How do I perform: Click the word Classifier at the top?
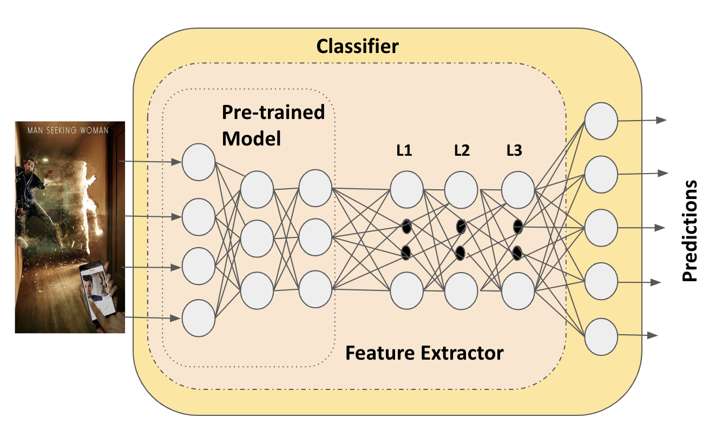click(x=357, y=47)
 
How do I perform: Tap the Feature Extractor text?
click(x=424, y=353)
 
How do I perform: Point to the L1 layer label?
click(x=404, y=151)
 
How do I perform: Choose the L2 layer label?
click(x=461, y=151)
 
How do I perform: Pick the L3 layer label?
click(x=514, y=151)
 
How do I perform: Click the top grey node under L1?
click(x=406, y=190)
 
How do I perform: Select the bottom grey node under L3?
click(x=518, y=290)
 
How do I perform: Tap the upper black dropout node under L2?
click(x=461, y=227)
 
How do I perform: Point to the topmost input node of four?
click(x=199, y=161)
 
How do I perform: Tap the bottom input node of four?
click(x=199, y=319)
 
